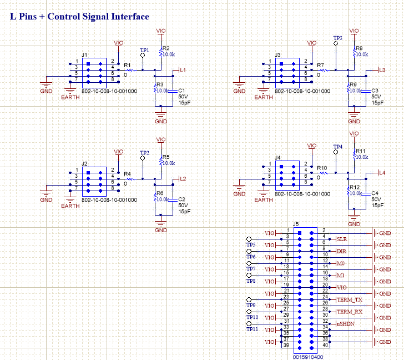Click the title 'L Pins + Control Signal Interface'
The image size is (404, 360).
click(80, 17)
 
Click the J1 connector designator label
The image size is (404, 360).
click(84, 55)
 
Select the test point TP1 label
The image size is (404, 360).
click(144, 51)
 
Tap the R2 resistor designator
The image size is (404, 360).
click(166, 48)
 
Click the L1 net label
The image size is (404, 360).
click(183, 70)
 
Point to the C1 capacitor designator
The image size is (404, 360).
click(181, 90)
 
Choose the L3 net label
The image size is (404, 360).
click(381, 70)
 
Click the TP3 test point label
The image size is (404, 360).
click(337, 38)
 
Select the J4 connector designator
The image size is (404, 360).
click(278, 158)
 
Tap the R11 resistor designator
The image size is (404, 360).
click(361, 151)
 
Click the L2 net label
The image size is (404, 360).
click(183, 178)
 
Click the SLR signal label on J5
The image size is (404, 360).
click(341, 239)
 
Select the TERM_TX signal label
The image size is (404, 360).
click(350, 299)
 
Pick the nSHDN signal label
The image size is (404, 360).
click(345, 324)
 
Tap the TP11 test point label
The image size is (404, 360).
click(252, 329)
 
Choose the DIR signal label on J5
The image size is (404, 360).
click(341, 251)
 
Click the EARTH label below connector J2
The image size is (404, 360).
click(70, 206)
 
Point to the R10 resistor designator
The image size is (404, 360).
click(322, 167)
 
